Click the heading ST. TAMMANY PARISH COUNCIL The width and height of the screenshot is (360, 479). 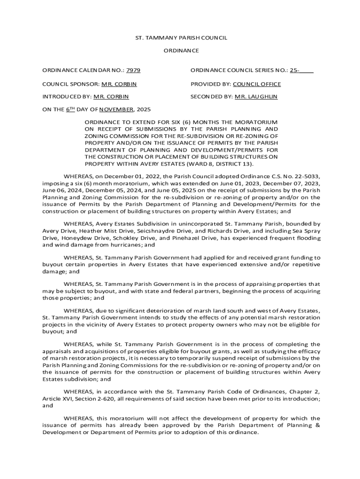click(x=180, y=38)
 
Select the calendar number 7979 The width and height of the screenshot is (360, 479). click(x=133, y=71)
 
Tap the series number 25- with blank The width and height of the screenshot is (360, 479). click(x=301, y=71)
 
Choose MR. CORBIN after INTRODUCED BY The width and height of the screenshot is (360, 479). click(x=111, y=97)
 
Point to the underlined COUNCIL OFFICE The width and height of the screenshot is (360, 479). click(x=257, y=84)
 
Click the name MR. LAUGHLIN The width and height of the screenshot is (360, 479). click(x=256, y=97)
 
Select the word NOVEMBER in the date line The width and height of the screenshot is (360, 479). click(x=116, y=109)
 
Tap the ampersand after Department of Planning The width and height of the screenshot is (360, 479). click(x=317, y=425)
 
